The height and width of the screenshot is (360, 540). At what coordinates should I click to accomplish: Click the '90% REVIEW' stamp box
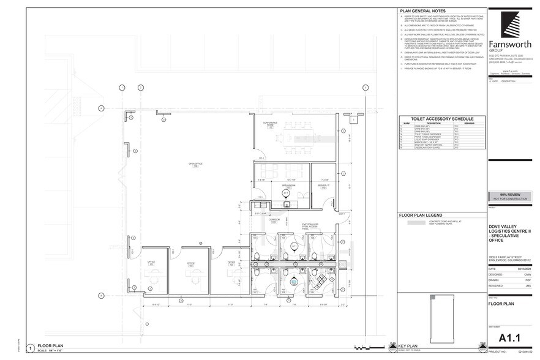click(511, 196)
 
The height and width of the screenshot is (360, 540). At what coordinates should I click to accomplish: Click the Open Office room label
click(196, 165)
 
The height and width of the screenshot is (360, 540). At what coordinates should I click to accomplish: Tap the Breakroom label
click(288, 185)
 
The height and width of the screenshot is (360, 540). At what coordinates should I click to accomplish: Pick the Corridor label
click(275, 220)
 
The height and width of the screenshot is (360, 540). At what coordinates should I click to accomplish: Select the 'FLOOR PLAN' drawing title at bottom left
click(50, 345)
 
